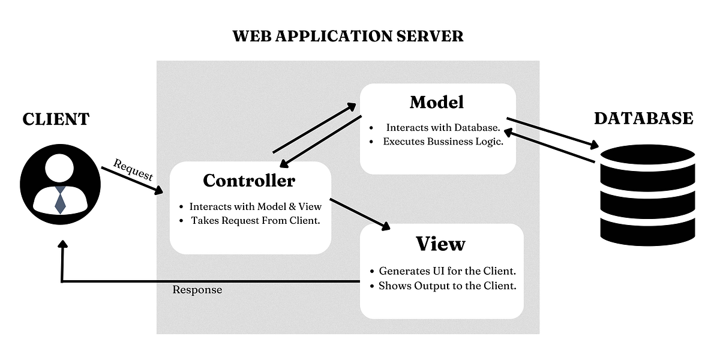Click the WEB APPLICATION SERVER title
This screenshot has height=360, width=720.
coord(348,36)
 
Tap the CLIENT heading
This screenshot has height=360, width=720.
coord(56,119)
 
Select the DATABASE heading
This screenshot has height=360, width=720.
coord(643,118)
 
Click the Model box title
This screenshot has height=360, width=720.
coord(437,102)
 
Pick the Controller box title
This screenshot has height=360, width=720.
coord(249,180)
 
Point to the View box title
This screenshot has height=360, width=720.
coord(440,244)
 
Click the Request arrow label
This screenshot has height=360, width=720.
coord(133,170)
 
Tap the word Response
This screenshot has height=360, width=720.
coord(197,290)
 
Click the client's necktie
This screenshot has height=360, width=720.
coord(60,199)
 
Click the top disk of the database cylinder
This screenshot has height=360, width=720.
coord(647,157)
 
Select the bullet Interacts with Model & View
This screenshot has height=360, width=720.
coord(256,206)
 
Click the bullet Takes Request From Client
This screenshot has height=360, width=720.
coord(255,220)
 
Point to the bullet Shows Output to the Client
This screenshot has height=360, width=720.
coord(447,286)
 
